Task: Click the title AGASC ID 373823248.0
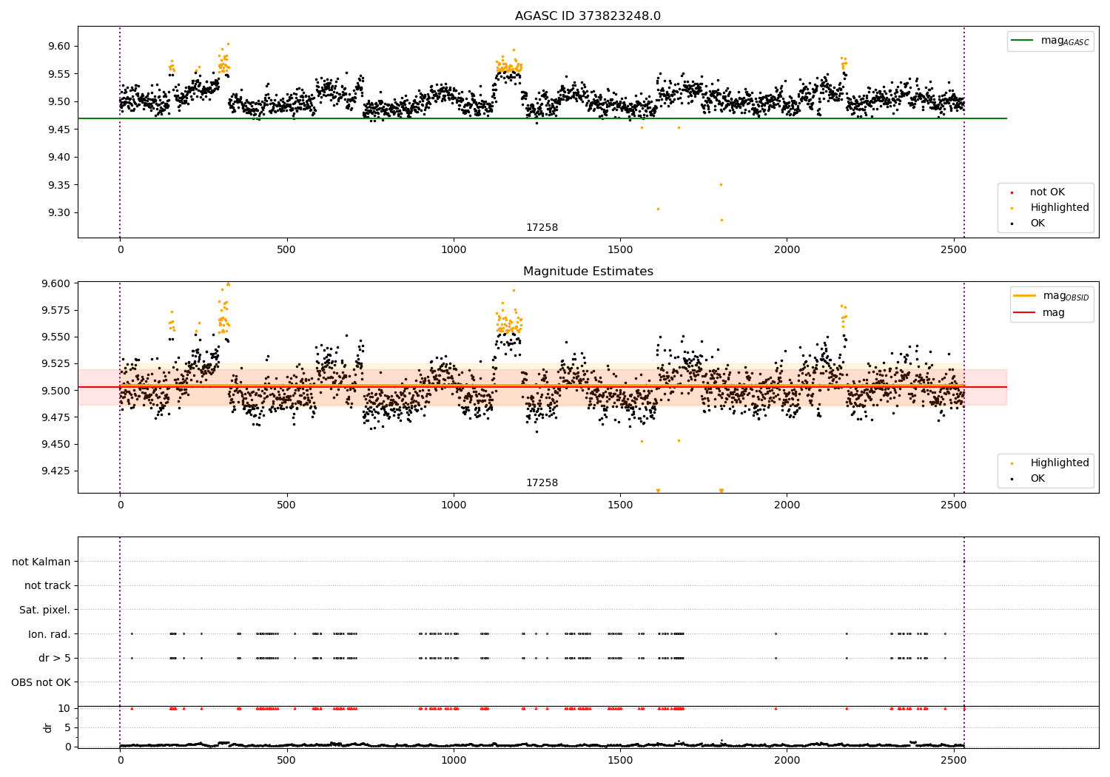pyautogui.click(x=588, y=16)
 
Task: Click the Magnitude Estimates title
pyautogui.click(x=588, y=272)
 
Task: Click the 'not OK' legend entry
pyautogui.click(x=1047, y=192)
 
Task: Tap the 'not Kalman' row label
pyautogui.click(x=41, y=562)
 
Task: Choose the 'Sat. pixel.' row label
pyautogui.click(x=44, y=610)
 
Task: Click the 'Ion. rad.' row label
pyautogui.click(x=49, y=633)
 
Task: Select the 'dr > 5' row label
pyautogui.click(x=54, y=658)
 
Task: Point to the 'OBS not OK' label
pyautogui.click(x=41, y=682)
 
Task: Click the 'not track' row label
pyautogui.click(x=47, y=585)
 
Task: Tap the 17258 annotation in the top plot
pyautogui.click(x=542, y=227)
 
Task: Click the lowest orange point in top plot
pyautogui.click(x=721, y=220)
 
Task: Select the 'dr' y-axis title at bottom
pyautogui.click(x=48, y=727)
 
